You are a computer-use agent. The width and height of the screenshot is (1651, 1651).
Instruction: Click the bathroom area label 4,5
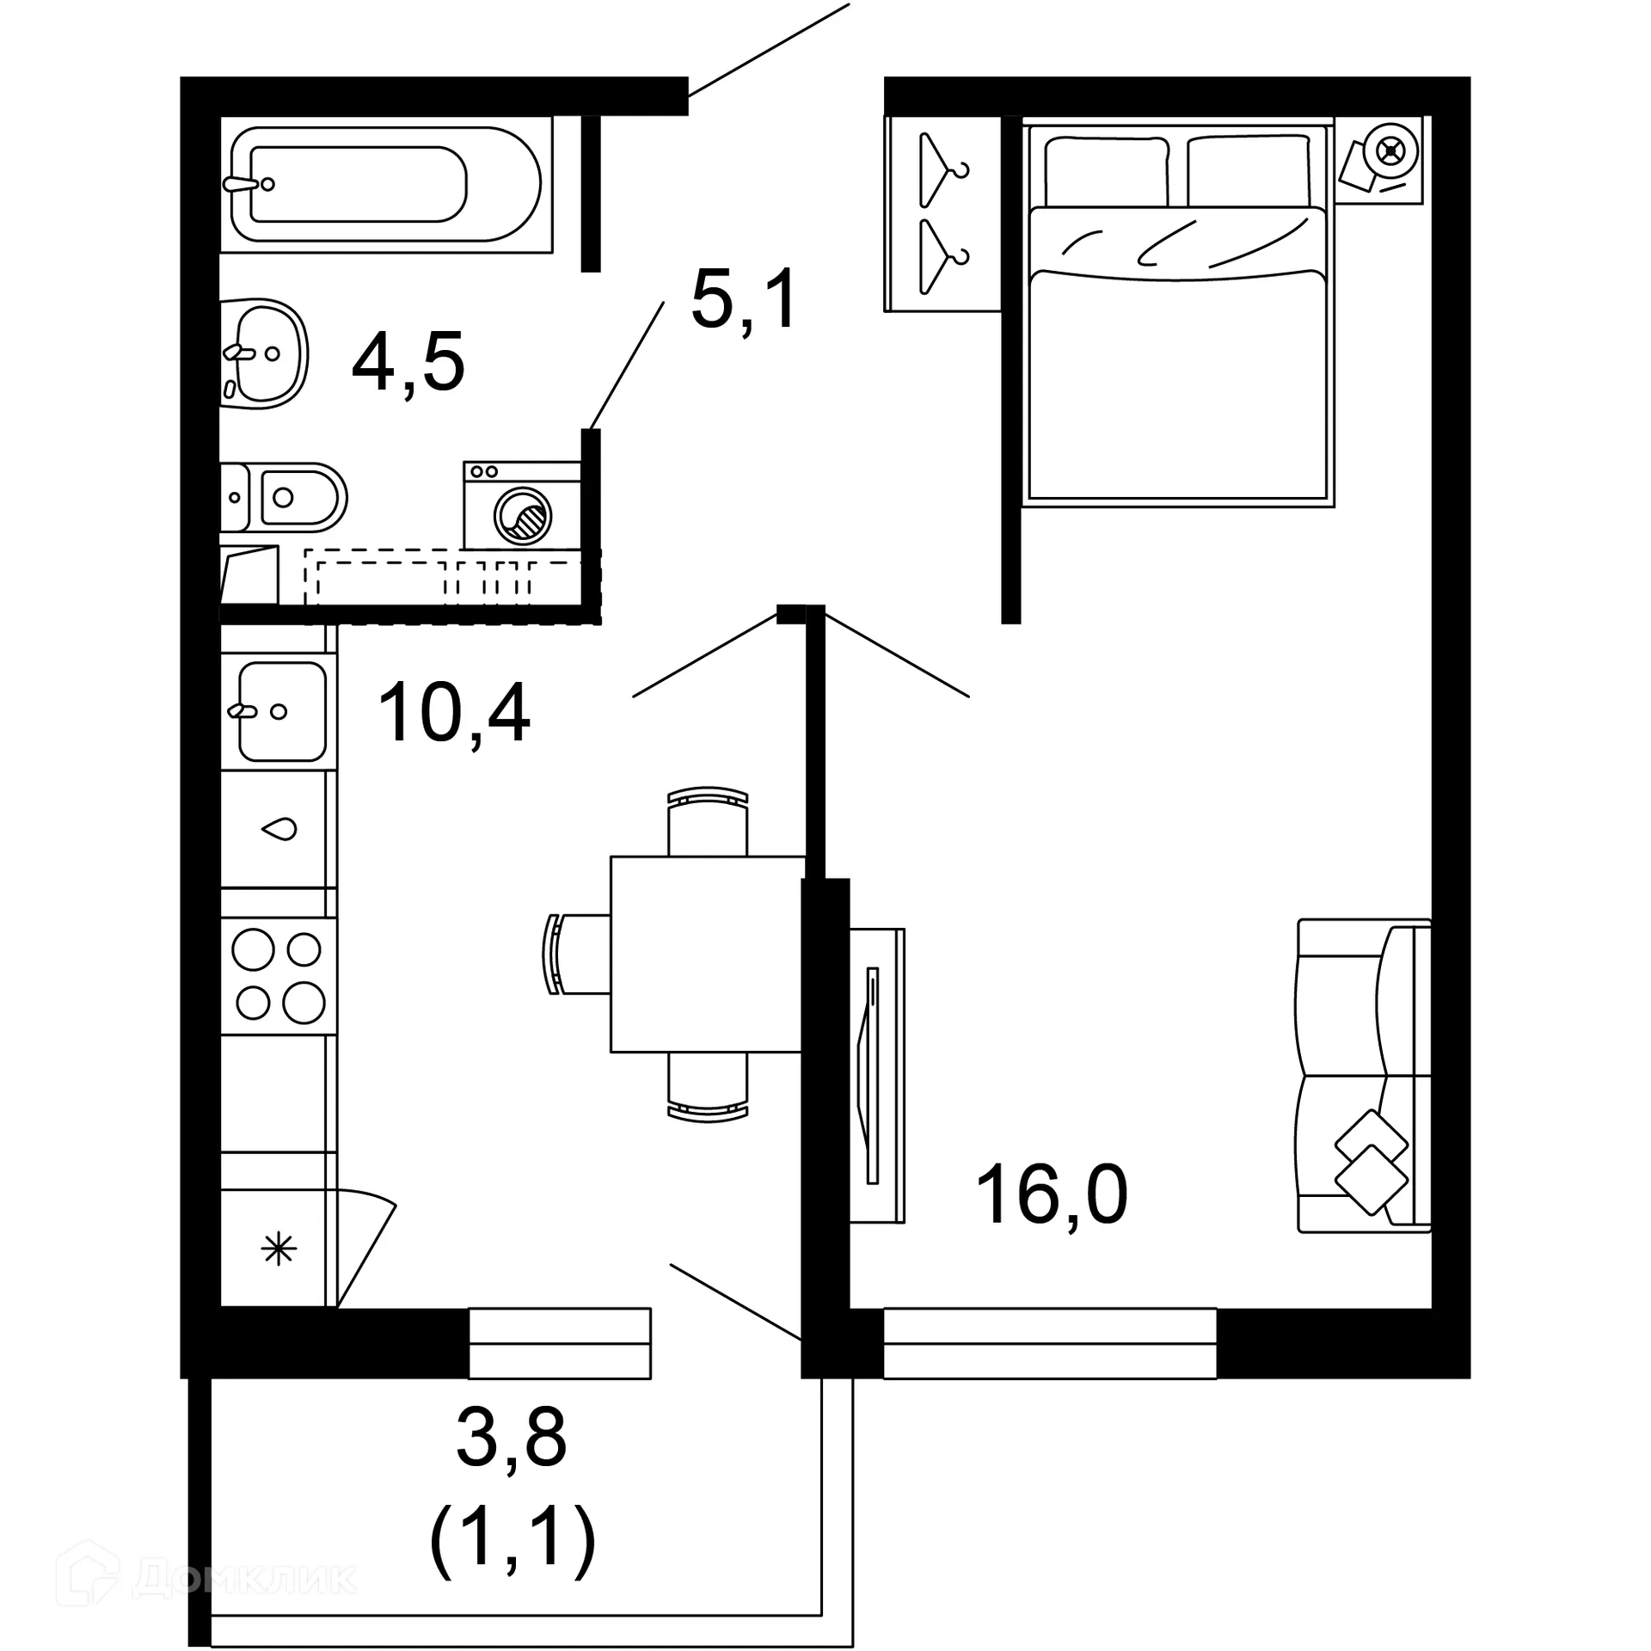click(x=408, y=361)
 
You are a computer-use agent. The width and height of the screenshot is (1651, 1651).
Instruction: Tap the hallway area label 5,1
click(x=745, y=300)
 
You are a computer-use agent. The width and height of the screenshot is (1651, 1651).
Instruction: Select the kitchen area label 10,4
click(x=453, y=713)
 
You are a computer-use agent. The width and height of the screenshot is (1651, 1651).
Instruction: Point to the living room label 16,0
click(x=1052, y=1194)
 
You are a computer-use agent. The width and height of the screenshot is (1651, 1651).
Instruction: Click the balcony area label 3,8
click(x=512, y=1438)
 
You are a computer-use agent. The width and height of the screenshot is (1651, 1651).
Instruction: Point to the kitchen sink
click(x=279, y=711)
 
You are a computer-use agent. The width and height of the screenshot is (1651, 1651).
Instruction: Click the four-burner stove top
click(x=279, y=976)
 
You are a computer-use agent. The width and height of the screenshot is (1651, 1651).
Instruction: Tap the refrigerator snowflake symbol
click(x=279, y=1249)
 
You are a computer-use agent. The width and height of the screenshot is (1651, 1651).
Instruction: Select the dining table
click(x=707, y=954)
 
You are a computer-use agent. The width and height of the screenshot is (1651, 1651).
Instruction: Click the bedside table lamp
click(x=1390, y=152)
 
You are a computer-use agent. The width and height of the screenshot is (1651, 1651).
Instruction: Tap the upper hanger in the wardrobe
click(x=941, y=169)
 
